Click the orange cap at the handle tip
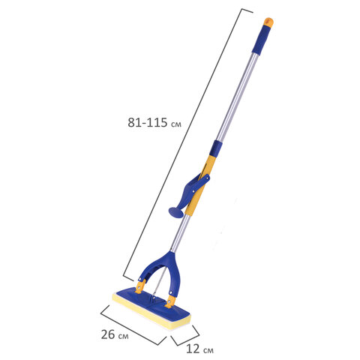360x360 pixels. click(268, 22)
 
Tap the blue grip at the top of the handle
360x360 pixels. click(262, 39)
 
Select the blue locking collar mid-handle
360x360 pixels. click(215, 148)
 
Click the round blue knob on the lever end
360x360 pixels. click(176, 212)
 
